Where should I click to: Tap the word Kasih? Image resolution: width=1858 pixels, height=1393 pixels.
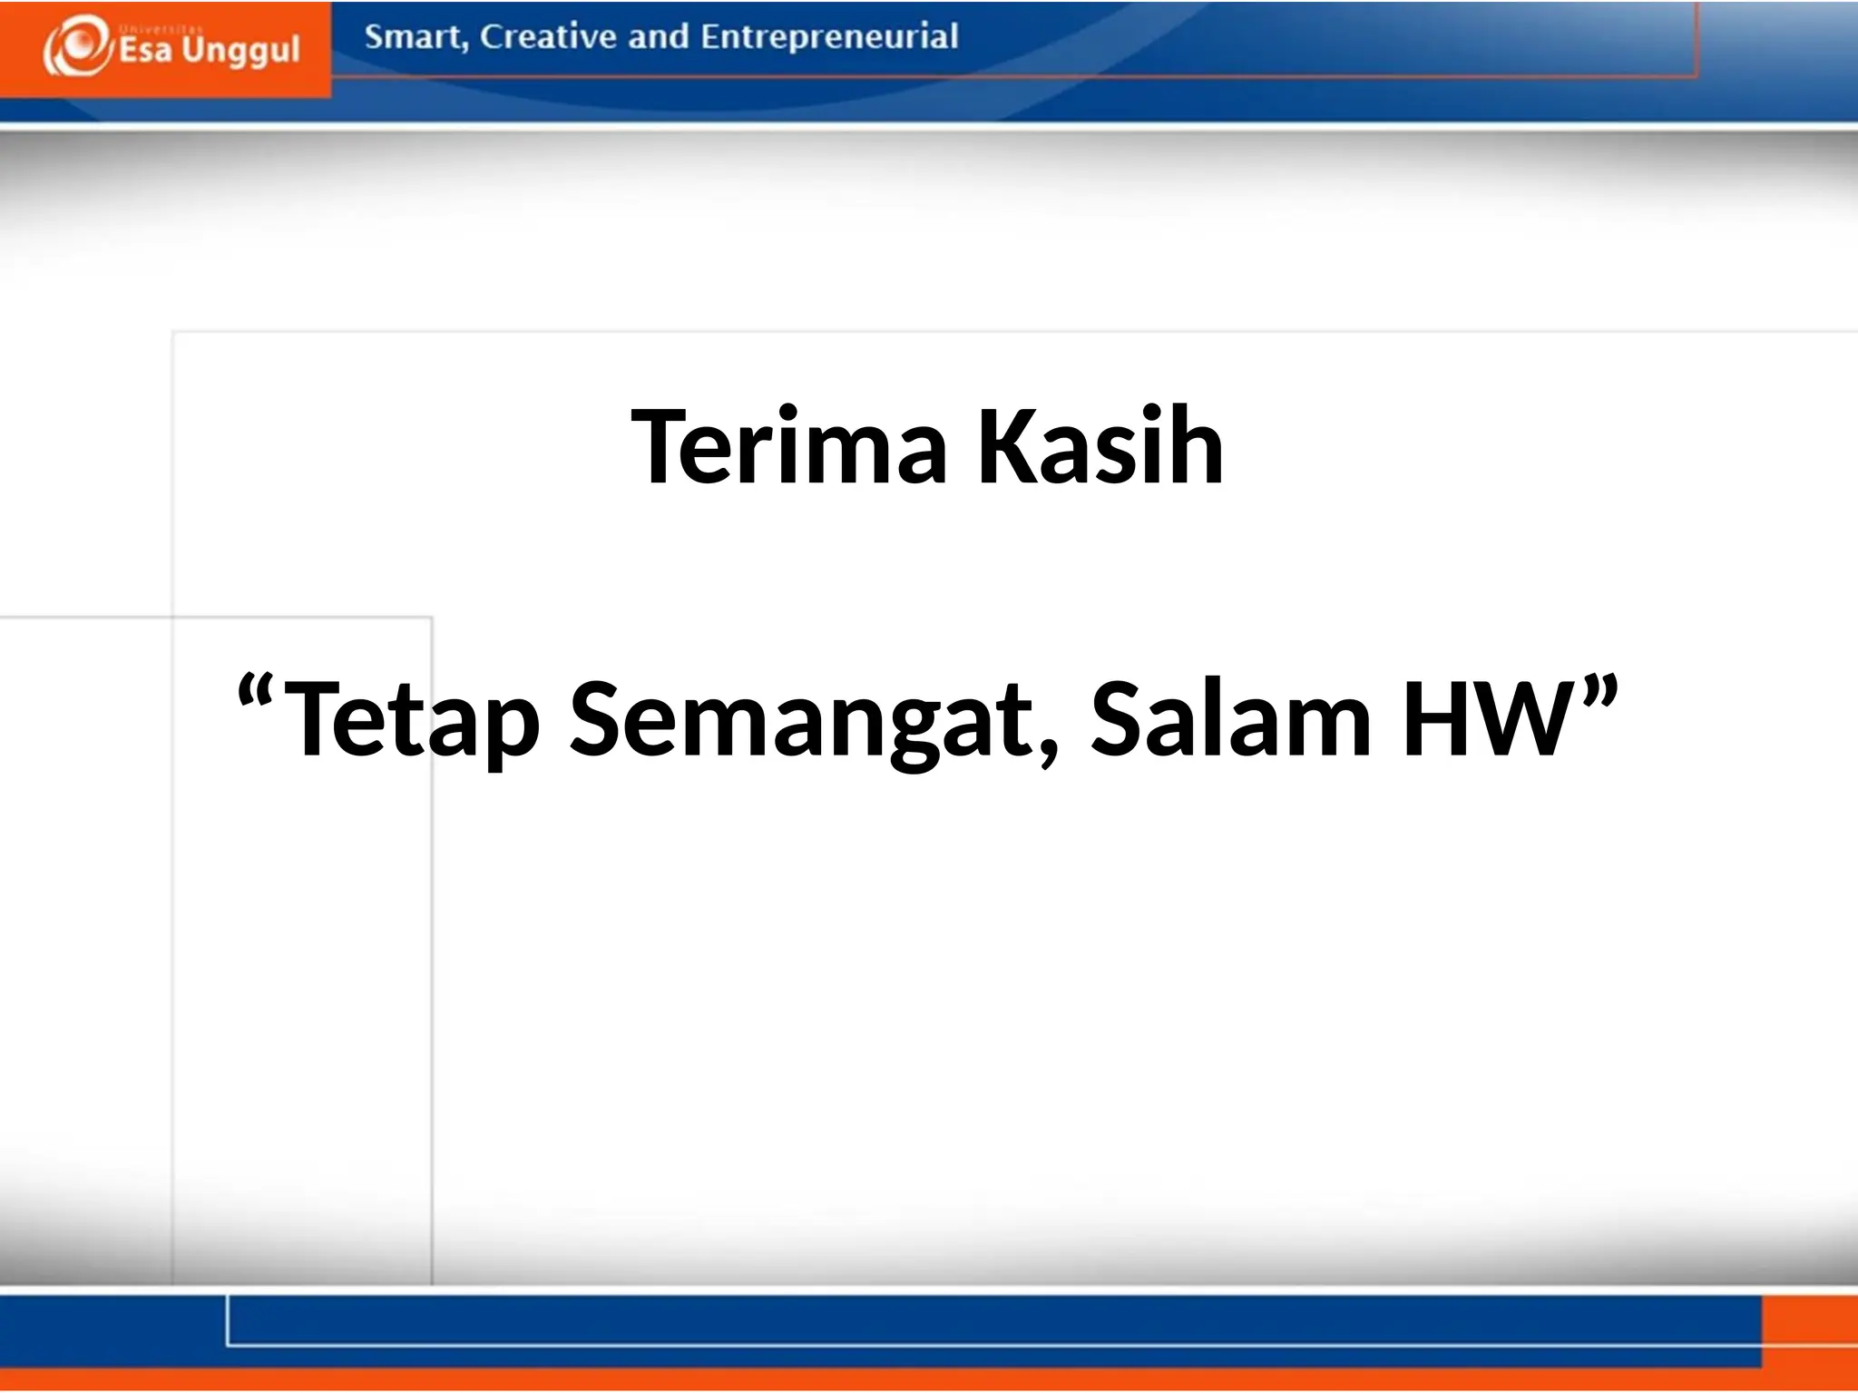pos(1100,447)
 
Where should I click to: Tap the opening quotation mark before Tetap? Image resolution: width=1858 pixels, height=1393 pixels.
pos(256,694)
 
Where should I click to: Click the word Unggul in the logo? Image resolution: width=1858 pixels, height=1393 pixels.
pos(240,52)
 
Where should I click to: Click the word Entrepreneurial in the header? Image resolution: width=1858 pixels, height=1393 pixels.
pos(829,37)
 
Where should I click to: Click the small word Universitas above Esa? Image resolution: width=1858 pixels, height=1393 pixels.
pos(150,29)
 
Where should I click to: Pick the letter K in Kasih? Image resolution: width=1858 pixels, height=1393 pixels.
pos(1005,447)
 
